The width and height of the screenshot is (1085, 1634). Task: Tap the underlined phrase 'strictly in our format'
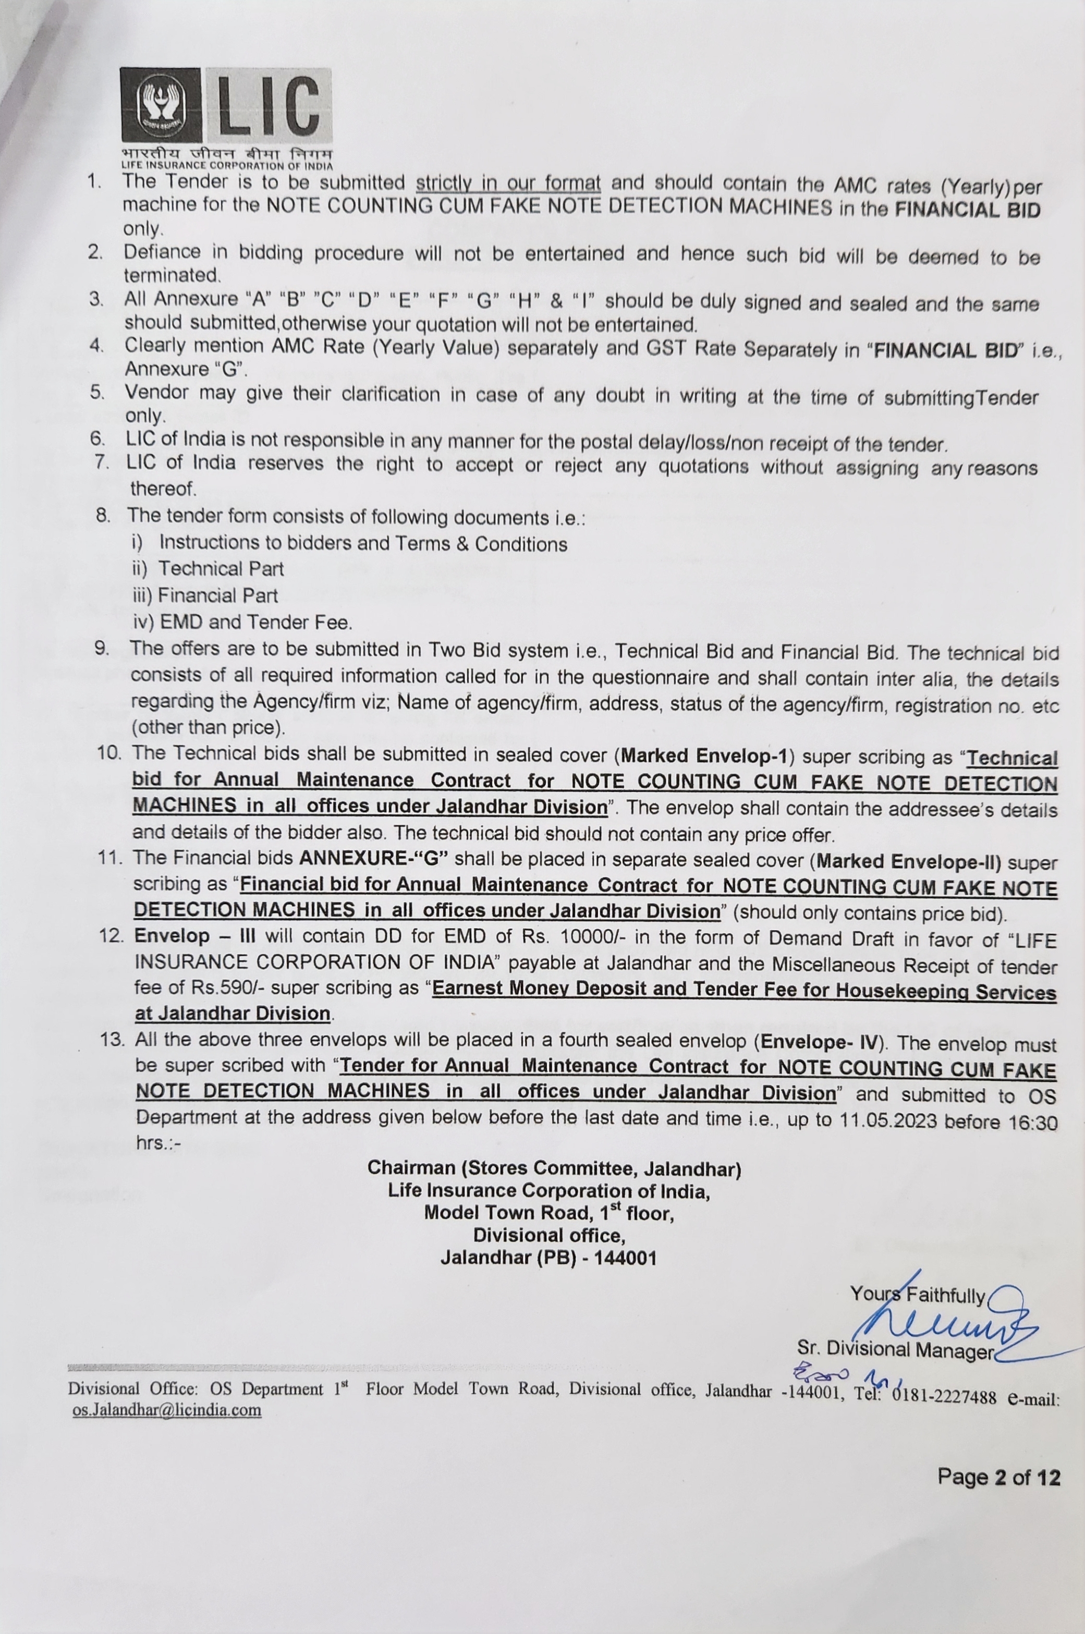pos(508,184)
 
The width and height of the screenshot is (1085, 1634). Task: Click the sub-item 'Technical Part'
pos(221,569)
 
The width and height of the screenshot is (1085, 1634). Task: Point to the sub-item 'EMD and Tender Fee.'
pos(255,622)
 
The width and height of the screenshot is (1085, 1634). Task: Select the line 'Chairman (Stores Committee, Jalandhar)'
pos(554,1168)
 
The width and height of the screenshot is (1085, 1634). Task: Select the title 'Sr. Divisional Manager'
pos(895,1349)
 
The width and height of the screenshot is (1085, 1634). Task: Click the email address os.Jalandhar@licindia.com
pos(167,1410)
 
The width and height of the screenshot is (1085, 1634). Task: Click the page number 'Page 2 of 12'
pos(998,1478)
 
